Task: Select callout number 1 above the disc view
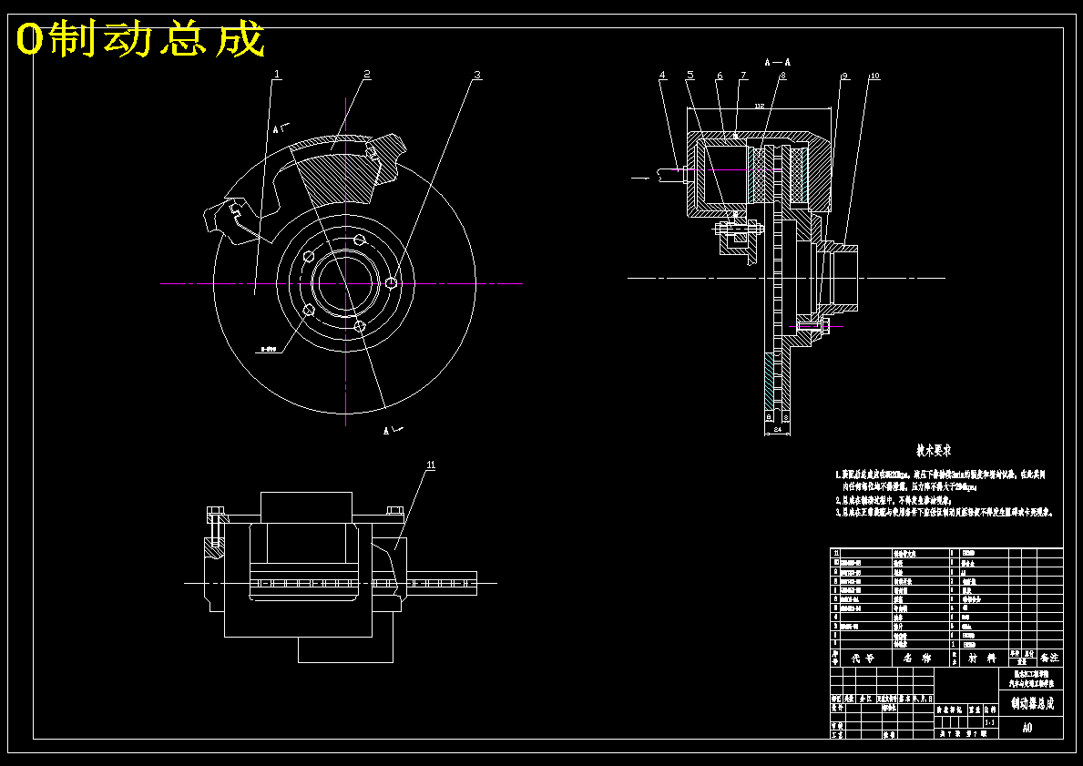[x=278, y=75]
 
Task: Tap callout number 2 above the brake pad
[x=366, y=74]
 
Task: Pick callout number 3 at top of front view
[x=476, y=75]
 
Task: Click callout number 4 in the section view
[x=662, y=76]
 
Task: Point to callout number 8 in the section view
[x=782, y=76]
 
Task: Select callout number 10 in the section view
[x=874, y=77]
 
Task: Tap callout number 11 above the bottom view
[x=431, y=465]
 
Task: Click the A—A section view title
[x=777, y=62]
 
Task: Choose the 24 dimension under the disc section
[x=777, y=427]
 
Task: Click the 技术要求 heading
[x=934, y=451]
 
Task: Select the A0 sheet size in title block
[x=1027, y=728]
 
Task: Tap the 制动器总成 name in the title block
[x=1032, y=703]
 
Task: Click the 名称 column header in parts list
[x=915, y=657]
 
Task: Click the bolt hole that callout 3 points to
[x=392, y=282]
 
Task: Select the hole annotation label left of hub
[x=268, y=348]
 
